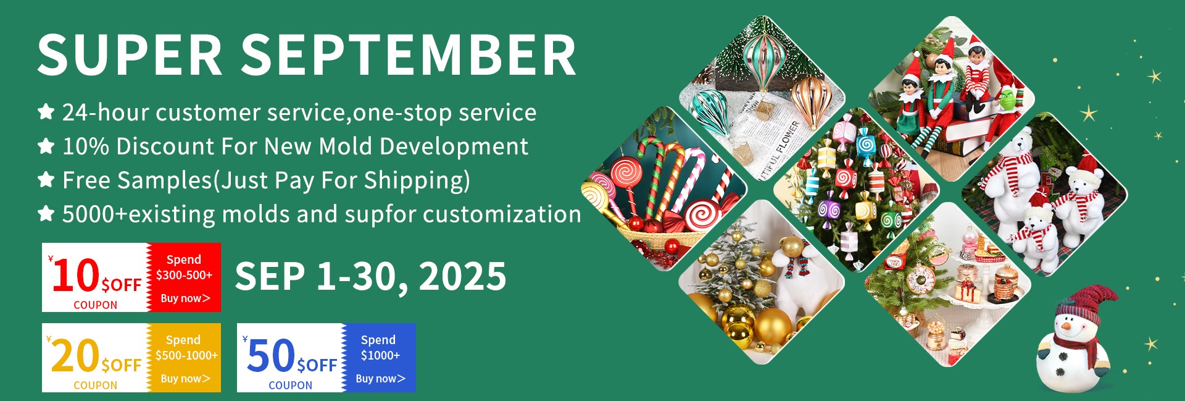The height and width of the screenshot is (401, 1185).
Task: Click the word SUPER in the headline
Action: pos(130,55)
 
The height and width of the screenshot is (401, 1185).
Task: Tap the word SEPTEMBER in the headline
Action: pos(409,55)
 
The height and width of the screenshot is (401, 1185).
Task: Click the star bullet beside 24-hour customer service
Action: pos(46,112)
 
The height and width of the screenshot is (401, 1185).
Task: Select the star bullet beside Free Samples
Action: pos(46,180)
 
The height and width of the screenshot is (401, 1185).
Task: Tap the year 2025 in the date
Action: pos(462,276)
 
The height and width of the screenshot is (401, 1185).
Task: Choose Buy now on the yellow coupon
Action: pos(185,378)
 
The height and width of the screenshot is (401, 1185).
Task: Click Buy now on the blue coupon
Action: pos(380,378)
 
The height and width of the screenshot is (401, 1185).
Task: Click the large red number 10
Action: pos(76,276)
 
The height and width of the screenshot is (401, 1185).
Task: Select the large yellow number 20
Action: pos(75,356)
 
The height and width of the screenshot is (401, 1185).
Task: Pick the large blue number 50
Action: pos(270,356)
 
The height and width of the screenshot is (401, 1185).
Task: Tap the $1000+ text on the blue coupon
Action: pos(380,355)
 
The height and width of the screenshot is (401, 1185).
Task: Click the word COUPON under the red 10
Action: pos(95,305)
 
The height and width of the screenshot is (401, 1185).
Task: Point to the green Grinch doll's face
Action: pos(1007,99)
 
